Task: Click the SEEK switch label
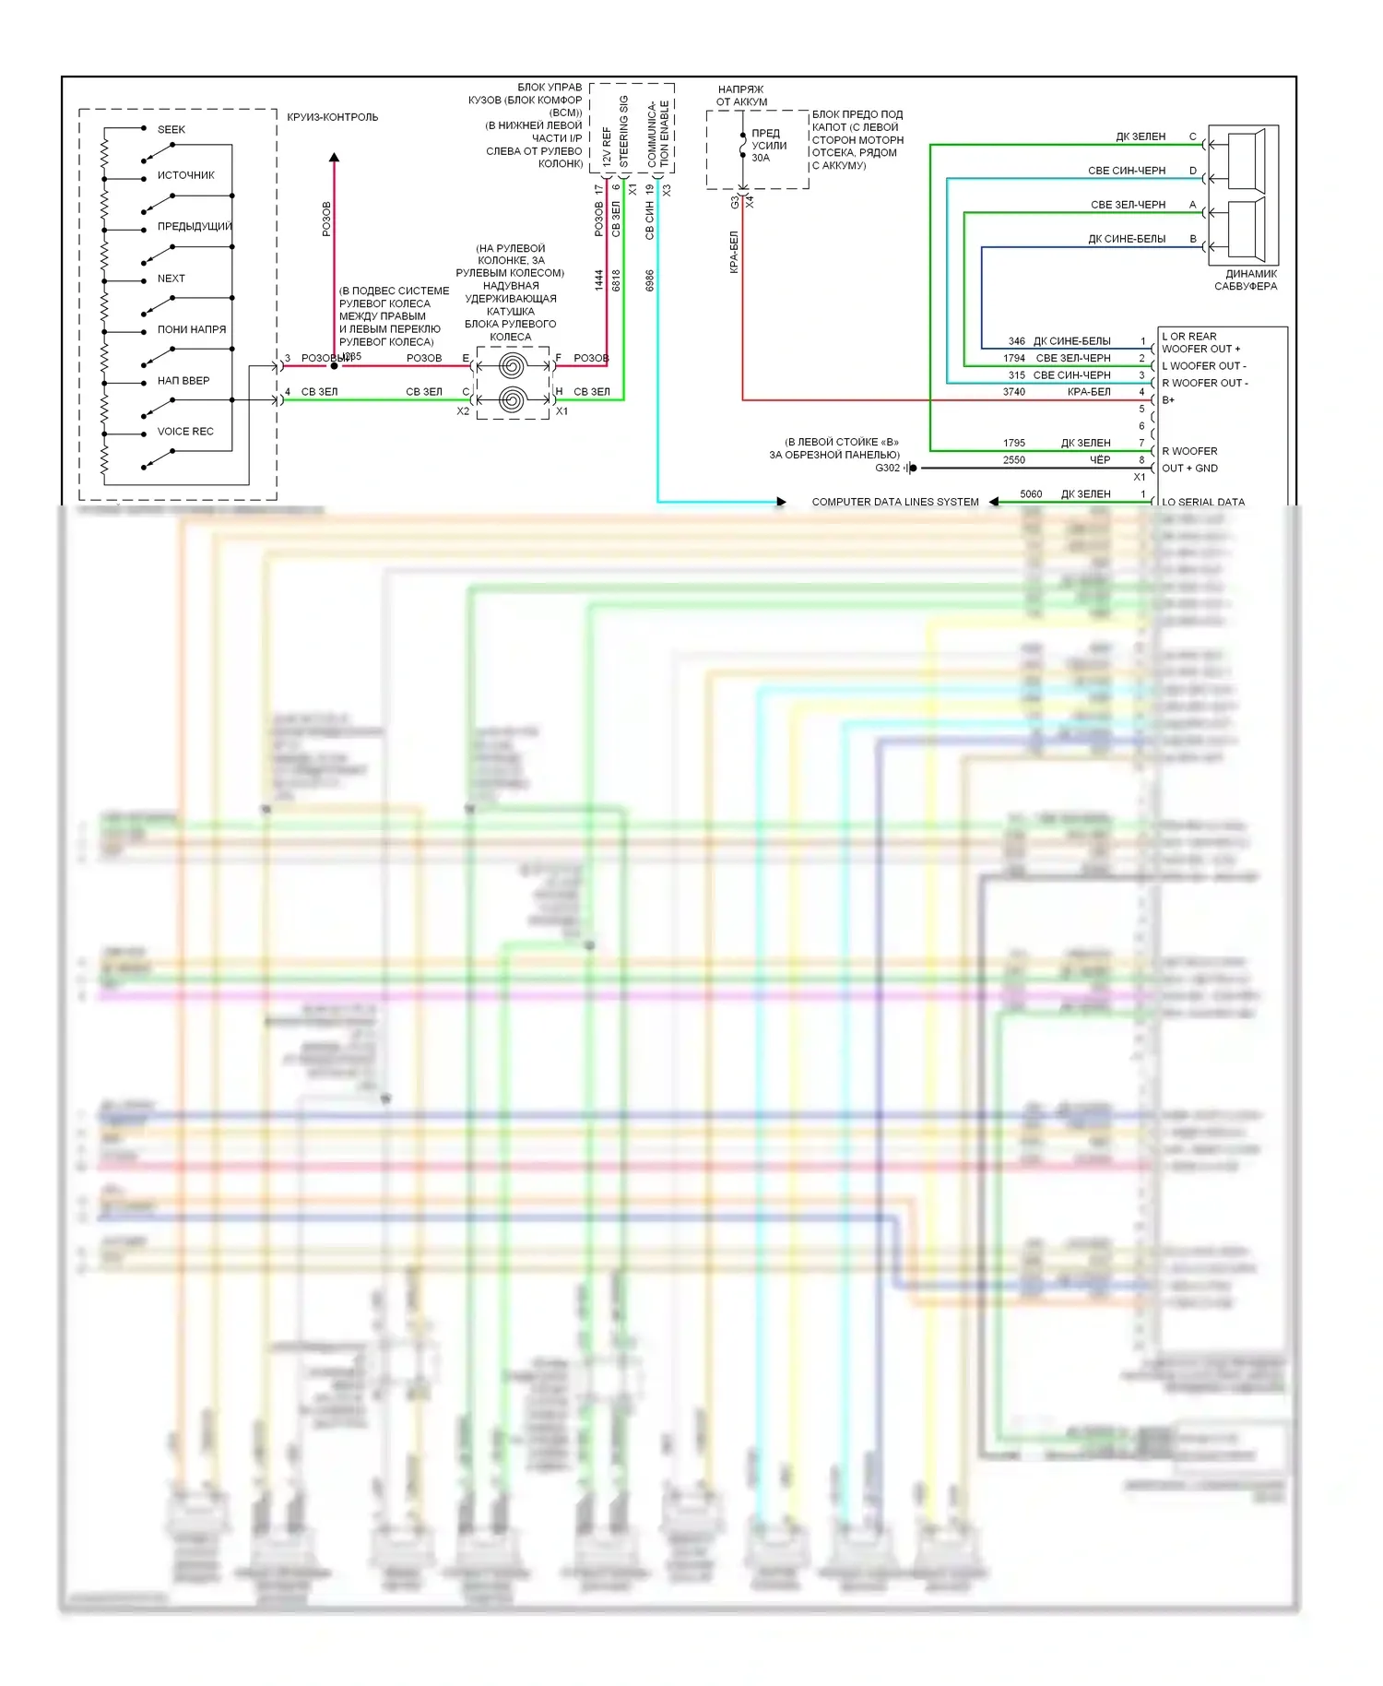(x=171, y=129)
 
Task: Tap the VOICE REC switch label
(x=185, y=431)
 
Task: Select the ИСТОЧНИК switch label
(x=185, y=175)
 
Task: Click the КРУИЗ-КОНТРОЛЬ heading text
(x=332, y=117)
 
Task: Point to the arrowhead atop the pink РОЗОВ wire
(x=334, y=158)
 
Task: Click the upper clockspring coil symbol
(x=513, y=366)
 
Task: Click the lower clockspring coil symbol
(x=513, y=400)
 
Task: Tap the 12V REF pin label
(x=607, y=146)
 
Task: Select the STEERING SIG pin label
(x=624, y=130)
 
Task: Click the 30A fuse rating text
(x=760, y=158)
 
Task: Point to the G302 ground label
(x=887, y=468)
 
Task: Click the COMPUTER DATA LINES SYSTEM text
(x=894, y=502)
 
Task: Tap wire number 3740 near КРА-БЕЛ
(x=1013, y=392)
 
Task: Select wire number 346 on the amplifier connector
(x=1016, y=341)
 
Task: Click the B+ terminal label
(x=1168, y=400)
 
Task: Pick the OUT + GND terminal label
(x=1189, y=468)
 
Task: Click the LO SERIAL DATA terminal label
(x=1202, y=502)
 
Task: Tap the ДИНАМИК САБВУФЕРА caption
(x=1245, y=279)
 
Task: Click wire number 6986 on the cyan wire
(x=650, y=280)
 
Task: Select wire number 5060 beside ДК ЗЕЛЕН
(x=1030, y=494)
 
